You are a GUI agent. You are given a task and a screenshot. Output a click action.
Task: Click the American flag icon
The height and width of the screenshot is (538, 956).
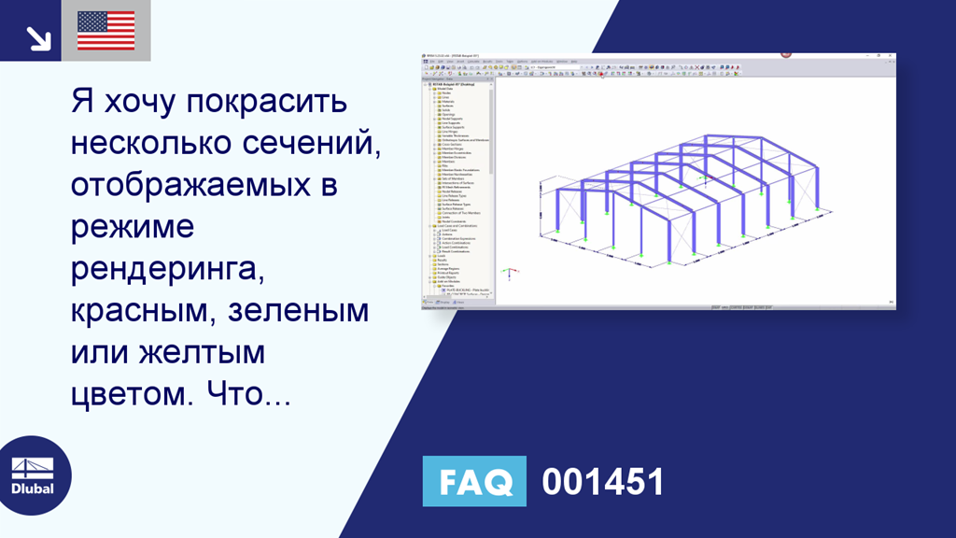(105, 31)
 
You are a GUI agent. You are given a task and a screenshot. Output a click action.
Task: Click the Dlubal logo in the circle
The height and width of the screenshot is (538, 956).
(32, 475)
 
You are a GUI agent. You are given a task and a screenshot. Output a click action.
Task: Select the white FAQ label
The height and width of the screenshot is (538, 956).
(474, 482)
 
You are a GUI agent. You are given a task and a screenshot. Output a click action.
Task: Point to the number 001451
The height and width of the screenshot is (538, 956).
(603, 482)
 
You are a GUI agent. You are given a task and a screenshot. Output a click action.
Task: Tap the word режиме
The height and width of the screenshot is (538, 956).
(132, 228)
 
